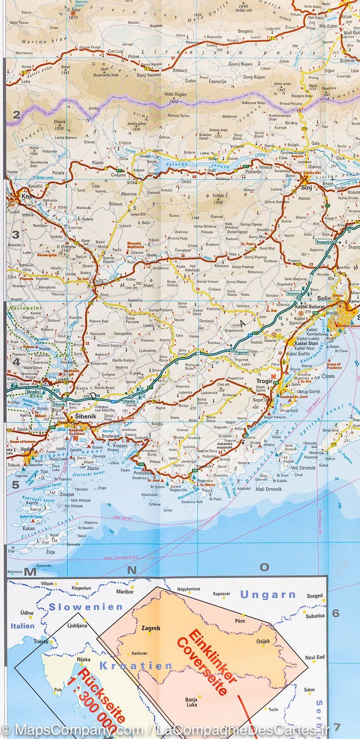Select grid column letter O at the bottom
click(264, 567)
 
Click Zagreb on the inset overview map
click(150, 629)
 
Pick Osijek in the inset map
click(263, 641)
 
